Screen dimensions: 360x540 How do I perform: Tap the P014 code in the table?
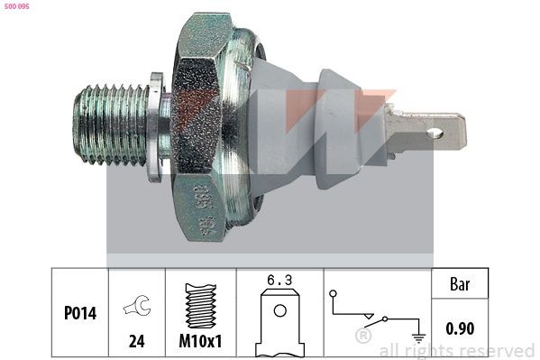tap(80, 315)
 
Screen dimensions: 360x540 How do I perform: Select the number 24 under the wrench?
tap(137, 342)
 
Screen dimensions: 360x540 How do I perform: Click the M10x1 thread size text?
tap(200, 342)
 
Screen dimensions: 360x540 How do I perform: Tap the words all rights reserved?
tap(456, 350)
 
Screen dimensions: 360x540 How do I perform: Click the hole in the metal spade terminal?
tap(436, 136)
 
